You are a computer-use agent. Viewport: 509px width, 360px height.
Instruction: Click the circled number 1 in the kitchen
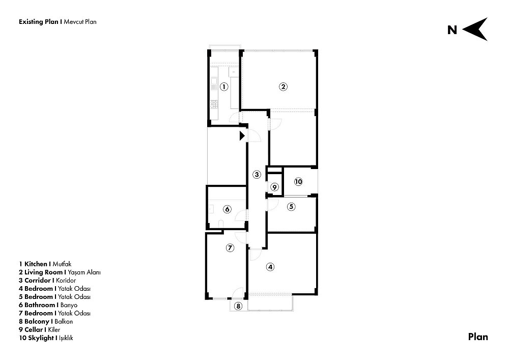pos(224,87)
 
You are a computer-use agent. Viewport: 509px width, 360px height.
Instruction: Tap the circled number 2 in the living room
pos(284,87)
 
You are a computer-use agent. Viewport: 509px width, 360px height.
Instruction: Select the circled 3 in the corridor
pos(257,175)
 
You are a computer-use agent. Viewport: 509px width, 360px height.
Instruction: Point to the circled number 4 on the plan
pos(270,267)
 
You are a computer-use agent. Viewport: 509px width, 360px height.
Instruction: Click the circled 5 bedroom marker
pos(291,206)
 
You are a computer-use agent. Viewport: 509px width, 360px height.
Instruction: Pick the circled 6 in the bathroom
pos(227,209)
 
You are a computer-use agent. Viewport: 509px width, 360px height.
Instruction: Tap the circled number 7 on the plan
pos(230,248)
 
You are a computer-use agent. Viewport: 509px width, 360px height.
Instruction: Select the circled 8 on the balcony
pos(238,306)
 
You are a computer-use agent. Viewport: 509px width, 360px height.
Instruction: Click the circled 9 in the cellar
pos(275,187)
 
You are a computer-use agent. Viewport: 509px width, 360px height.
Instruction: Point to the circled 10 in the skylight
pos(298,182)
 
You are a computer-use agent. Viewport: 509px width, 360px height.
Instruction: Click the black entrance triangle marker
pos(242,135)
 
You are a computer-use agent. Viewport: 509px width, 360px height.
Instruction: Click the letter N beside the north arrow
pos(452,30)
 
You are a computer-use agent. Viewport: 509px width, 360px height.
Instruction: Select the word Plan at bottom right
pos(478,337)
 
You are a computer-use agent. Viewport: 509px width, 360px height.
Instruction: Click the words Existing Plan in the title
pos(39,22)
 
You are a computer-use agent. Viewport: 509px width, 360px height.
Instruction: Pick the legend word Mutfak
pos(62,264)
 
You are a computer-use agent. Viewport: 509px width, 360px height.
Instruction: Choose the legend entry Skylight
pos(41,338)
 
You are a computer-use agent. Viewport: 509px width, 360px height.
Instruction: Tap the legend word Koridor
pos(66,281)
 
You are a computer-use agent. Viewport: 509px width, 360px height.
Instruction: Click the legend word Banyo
pos(69,305)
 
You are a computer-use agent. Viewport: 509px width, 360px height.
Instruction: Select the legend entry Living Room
pos(43,272)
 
